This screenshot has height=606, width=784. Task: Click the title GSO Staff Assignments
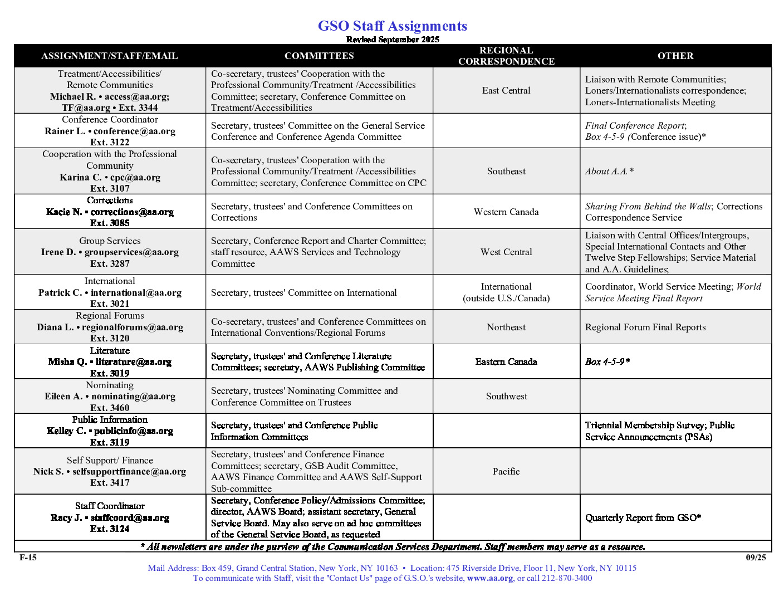point(392,26)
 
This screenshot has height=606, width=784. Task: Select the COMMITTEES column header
point(319,56)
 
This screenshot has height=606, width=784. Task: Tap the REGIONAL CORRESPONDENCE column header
point(506,56)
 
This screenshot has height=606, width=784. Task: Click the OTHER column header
point(675,56)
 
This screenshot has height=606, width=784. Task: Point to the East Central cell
point(506,90)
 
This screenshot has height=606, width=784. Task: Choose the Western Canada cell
point(506,212)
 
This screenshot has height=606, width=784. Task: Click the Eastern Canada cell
point(506,361)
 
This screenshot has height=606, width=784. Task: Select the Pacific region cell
point(506,471)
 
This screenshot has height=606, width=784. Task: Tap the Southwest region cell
point(506,396)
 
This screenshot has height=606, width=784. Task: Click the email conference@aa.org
point(134,131)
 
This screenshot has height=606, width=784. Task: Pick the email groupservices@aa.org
point(131,252)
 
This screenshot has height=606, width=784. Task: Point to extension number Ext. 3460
point(110,408)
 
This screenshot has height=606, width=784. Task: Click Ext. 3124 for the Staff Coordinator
point(110,529)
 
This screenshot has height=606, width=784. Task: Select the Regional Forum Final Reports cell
point(645,327)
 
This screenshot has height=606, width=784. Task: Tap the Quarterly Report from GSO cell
point(643,517)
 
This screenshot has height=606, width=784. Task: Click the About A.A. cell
point(609,171)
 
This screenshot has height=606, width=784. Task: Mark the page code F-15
point(28,558)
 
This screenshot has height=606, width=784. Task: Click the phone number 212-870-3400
point(567,578)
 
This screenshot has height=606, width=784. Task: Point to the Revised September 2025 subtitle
point(392,40)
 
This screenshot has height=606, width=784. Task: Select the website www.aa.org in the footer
point(490,578)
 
